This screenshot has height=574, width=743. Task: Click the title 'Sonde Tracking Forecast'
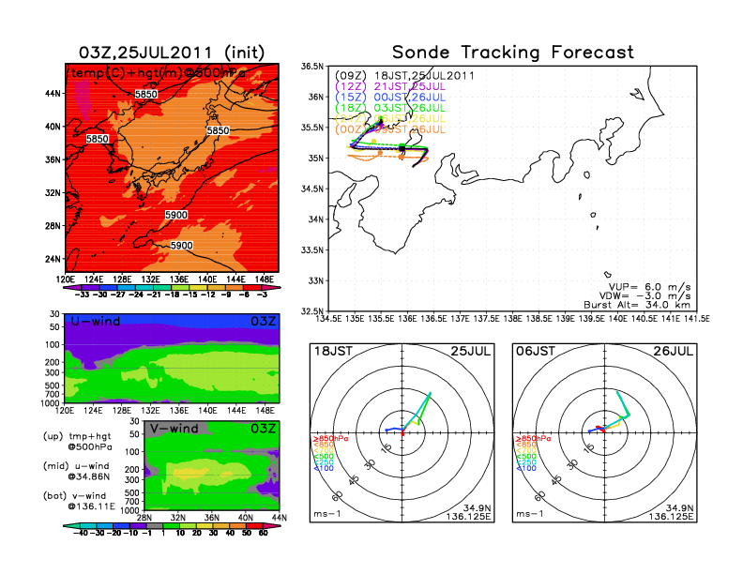click(512, 52)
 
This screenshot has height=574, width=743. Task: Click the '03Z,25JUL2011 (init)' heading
click(171, 52)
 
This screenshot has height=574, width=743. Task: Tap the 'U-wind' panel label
click(94, 322)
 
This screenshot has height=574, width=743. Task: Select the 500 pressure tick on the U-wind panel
click(54, 371)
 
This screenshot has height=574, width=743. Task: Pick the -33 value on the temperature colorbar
click(81, 293)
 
